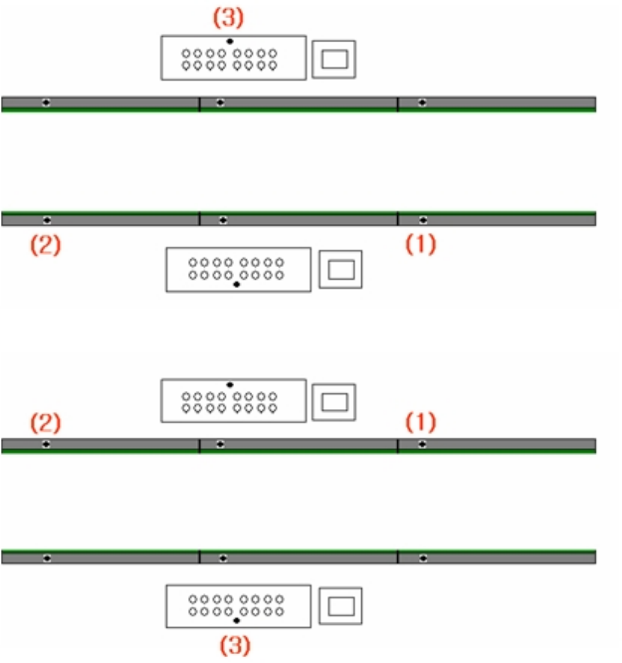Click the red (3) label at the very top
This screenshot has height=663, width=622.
(x=229, y=18)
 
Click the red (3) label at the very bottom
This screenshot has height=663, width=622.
(x=235, y=644)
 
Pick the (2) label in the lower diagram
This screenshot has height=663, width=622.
(x=45, y=422)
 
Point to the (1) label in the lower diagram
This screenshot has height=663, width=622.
(x=420, y=422)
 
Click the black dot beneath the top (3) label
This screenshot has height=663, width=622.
(x=230, y=41)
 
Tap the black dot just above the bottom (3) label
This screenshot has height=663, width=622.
(x=236, y=620)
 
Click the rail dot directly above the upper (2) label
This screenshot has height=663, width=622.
(x=47, y=218)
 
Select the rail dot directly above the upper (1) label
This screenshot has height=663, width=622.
(x=423, y=218)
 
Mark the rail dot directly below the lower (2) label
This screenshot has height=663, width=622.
(x=47, y=444)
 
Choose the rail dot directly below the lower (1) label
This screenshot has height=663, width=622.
(x=423, y=444)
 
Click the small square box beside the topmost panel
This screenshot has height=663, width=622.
(x=334, y=59)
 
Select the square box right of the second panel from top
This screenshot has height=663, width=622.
(x=340, y=269)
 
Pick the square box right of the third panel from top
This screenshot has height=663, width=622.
(x=334, y=401)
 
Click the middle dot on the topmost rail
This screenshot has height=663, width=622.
(x=220, y=103)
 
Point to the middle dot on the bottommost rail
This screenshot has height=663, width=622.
(x=222, y=557)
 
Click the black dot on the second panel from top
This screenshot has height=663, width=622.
(x=236, y=285)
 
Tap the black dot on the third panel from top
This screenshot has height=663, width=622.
(x=230, y=384)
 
